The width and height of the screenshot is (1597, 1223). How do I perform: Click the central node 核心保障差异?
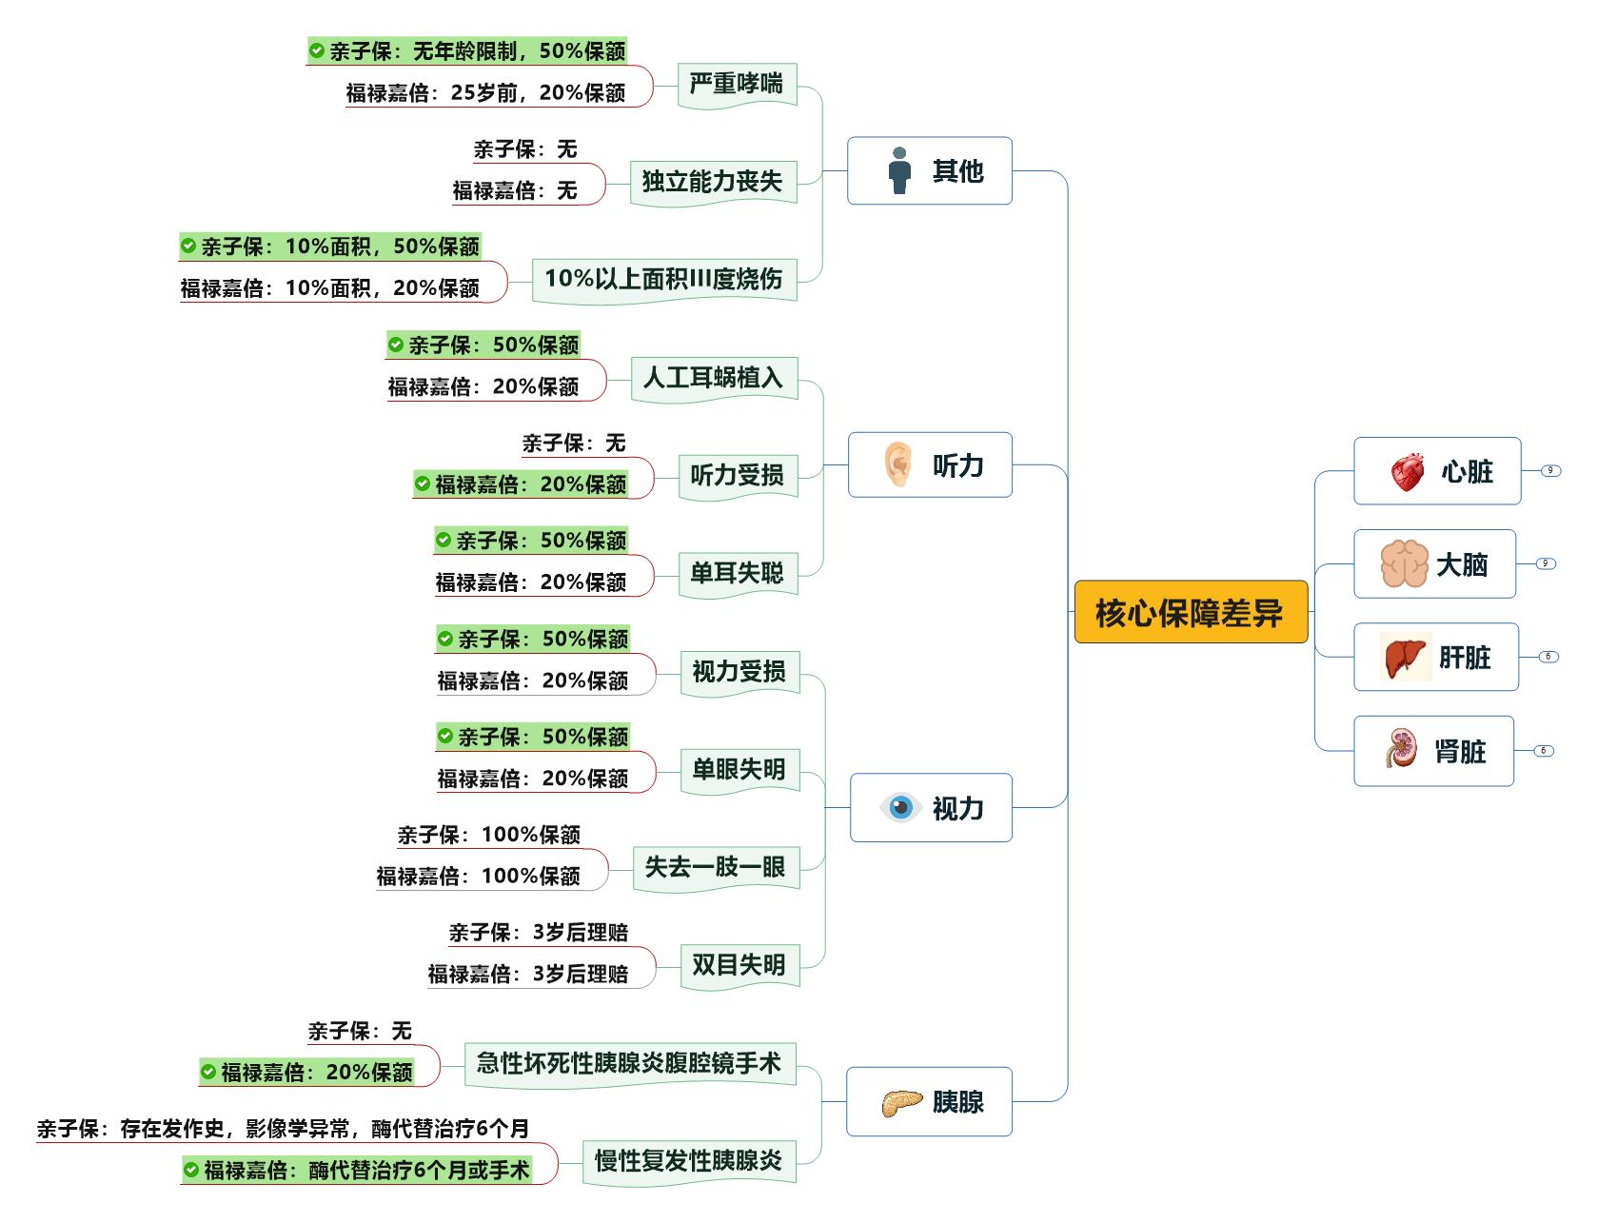coord(1191,612)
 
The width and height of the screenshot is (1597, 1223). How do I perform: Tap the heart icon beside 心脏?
coord(1407,471)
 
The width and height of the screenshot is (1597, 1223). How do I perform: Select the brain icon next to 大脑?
coord(1405,564)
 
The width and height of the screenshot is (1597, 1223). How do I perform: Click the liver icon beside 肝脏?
coord(1406,657)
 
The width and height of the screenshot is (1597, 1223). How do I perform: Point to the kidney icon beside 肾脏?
coord(1401,750)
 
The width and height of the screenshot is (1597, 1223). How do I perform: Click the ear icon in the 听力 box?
coord(898,464)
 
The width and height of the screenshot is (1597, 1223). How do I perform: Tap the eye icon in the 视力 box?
coord(900,808)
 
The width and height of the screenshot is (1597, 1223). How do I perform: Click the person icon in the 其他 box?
coord(899,171)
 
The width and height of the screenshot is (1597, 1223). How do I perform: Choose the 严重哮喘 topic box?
coord(737,85)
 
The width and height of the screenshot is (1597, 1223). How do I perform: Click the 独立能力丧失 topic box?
coord(712,182)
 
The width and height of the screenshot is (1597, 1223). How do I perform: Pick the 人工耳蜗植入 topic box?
coord(713,379)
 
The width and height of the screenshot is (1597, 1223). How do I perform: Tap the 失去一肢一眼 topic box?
coord(715,867)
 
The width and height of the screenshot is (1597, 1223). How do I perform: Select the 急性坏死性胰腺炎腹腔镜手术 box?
coord(629,1063)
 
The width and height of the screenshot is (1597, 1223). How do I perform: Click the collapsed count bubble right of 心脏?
coord(1550,471)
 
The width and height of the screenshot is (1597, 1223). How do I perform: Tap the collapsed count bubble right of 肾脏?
coord(1543,751)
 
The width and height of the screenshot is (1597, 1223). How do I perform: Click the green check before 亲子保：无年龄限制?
coord(316,50)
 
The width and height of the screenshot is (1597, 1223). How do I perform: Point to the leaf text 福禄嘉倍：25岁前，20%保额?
coord(485,92)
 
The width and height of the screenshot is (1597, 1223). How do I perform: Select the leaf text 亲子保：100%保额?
coord(489,835)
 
